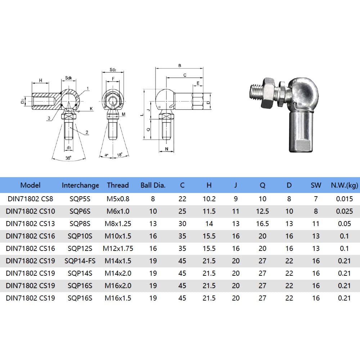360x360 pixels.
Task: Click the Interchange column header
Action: click(x=80, y=185)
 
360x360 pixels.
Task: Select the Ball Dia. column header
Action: click(x=153, y=185)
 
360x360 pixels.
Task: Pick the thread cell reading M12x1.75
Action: click(x=118, y=248)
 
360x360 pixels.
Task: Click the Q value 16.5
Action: click(x=262, y=224)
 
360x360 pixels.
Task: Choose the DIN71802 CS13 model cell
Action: click(x=31, y=224)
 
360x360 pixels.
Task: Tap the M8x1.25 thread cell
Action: click(x=118, y=224)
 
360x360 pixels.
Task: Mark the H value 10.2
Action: click(x=209, y=199)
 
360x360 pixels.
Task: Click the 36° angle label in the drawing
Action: click(x=69, y=157)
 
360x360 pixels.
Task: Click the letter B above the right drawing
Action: click(x=179, y=66)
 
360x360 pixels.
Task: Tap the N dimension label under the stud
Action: click(x=166, y=149)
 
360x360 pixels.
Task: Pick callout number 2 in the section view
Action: click(x=87, y=132)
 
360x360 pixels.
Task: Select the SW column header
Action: click(x=316, y=185)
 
